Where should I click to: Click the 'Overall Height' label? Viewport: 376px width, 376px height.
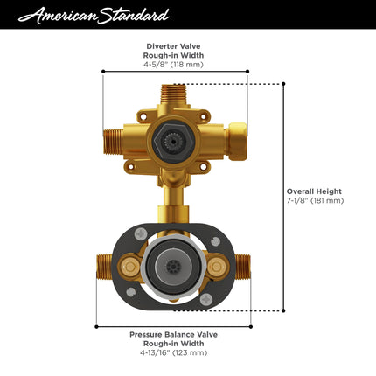coord(316,191)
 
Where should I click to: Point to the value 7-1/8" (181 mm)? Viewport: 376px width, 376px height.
coord(316,200)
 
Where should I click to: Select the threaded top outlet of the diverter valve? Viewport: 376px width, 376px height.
coord(175,93)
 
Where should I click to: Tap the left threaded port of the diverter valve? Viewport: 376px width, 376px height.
coord(114,136)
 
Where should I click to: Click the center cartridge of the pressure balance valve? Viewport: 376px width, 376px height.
coord(175,265)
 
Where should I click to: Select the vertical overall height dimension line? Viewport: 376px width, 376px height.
coord(283,197)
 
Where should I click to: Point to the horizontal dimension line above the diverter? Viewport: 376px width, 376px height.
coord(175,72)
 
